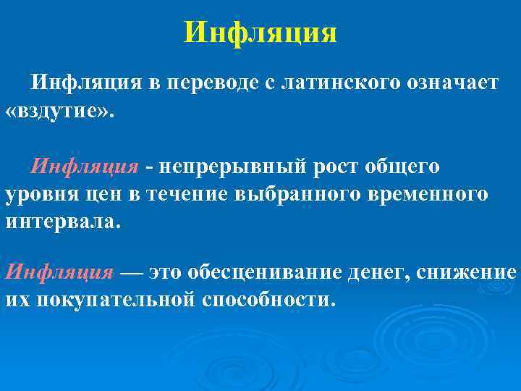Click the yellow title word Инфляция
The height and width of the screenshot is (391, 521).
click(260, 33)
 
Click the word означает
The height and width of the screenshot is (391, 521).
click(449, 83)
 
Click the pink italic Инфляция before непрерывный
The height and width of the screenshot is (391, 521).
click(85, 167)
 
